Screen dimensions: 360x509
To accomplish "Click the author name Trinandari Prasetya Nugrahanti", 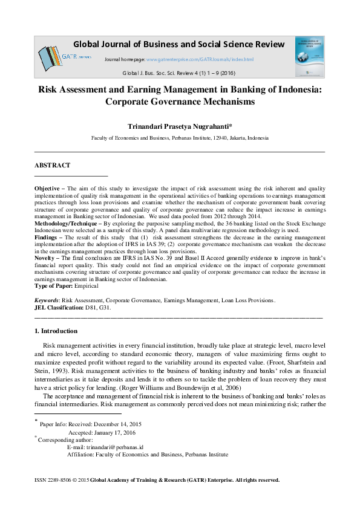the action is coord(180,127).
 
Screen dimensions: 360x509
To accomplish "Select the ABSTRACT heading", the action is coord(52,165).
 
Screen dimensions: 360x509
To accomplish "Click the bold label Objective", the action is coord(47,189).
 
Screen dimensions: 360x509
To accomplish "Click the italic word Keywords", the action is coord(46,300).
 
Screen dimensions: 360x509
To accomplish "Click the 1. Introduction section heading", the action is coord(56,331).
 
